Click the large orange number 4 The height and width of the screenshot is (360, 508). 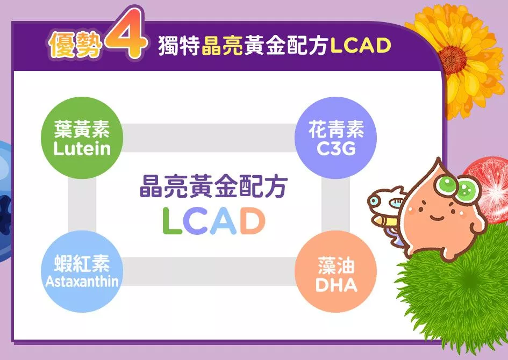pyautogui.click(x=125, y=34)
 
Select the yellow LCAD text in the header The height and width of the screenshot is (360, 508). pyautogui.click(x=361, y=46)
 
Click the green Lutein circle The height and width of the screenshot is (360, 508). pyautogui.click(x=82, y=138)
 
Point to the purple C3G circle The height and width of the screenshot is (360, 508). pyautogui.click(x=335, y=138)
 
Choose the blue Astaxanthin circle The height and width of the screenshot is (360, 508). pyautogui.click(x=82, y=271)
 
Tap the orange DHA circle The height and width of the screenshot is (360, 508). pyautogui.click(x=335, y=271)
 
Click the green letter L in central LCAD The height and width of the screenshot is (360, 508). pyautogui.click(x=171, y=221)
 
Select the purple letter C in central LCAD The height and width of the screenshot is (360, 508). pyautogui.click(x=196, y=221)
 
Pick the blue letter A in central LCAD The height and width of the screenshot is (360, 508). pyautogui.click(x=223, y=221)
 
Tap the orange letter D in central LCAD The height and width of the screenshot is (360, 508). pyautogui.click(x=252, y=221)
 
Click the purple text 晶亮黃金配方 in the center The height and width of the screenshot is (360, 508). pyautogui.click(x=213, y=187)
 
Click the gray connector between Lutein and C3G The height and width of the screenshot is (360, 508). pyautogui.click(x=209, y=138)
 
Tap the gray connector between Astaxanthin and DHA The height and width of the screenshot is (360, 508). pyautogui.click(x=209, y=271)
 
